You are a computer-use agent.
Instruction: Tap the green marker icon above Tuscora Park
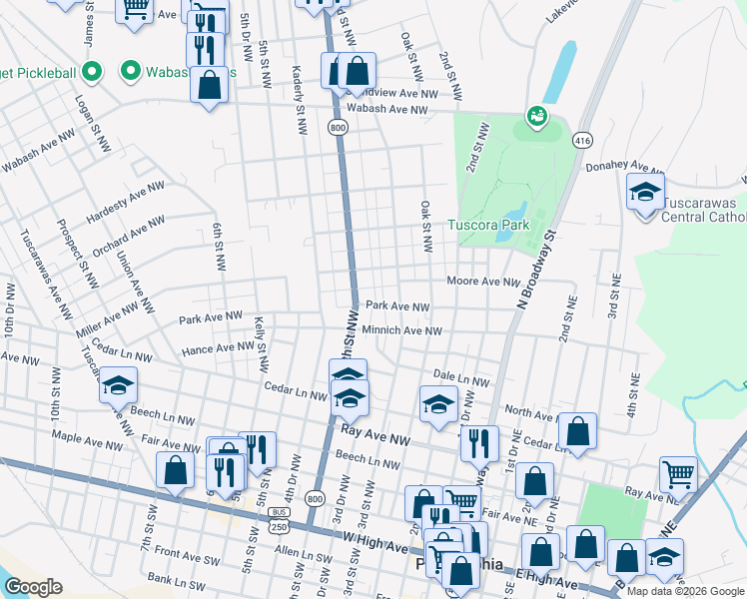tap(536, 118)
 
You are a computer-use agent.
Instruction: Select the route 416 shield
tap(582, 140)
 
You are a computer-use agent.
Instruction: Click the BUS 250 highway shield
tap(278, 519)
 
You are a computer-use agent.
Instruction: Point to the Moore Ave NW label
tap(483, 283)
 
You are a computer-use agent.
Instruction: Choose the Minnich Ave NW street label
tap(401, 330)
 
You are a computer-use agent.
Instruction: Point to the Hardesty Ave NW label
tap(125, 203)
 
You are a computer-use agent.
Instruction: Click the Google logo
tap(33, 586)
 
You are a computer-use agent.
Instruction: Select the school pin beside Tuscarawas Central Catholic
tap(645, 193)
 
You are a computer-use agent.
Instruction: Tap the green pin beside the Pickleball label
tap(92, 71)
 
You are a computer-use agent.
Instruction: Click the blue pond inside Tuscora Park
tap(515, 212)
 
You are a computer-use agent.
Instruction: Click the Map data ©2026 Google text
tap(685, 591)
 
